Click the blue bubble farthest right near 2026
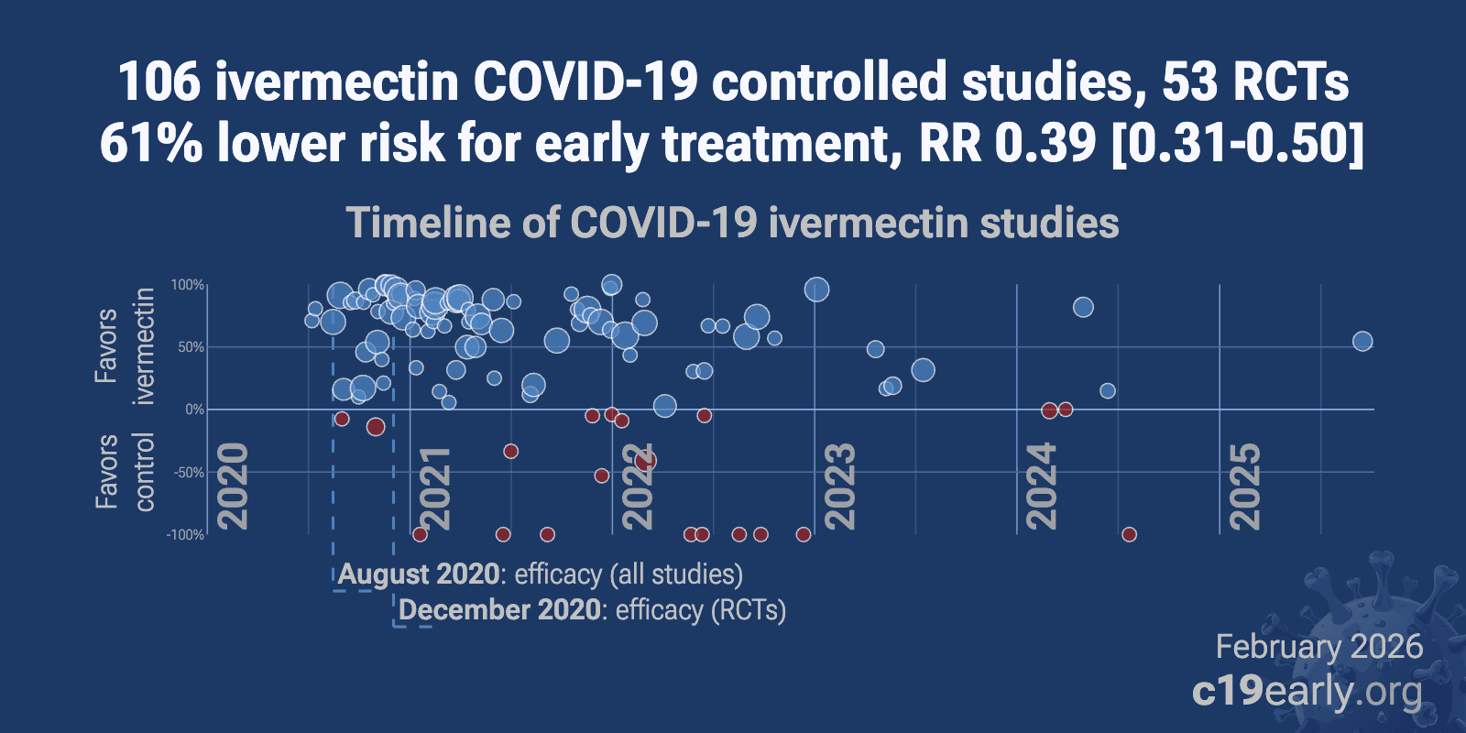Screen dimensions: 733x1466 click(1362, 342)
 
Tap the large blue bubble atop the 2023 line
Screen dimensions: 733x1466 click(816, 290)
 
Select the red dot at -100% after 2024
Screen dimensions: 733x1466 click(1129, 534)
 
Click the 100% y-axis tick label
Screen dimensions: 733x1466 click(188, 286)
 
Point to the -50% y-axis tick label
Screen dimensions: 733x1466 click(188, 473)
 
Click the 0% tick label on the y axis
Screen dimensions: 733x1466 click(194, 410)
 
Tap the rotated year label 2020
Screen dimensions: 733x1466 click(234, 486)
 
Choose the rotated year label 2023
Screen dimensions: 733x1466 click(840, 486)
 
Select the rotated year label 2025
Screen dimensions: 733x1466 click(1244, 486)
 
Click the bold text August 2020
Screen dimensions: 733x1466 click(419, 574)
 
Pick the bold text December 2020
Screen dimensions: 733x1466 click(500, 610)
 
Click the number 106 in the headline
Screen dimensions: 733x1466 click(159, 82)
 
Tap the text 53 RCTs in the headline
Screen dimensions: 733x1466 click(1255, 82)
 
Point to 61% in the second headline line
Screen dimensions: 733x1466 click(150, 144)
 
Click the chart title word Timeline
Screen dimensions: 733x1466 click(426, 223)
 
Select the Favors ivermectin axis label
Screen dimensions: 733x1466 click(125, 346)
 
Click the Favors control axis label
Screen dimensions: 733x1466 click(125, 471)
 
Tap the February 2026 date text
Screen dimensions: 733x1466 click(1318, 647)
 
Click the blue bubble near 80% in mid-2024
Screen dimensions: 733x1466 click(1083, 307)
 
